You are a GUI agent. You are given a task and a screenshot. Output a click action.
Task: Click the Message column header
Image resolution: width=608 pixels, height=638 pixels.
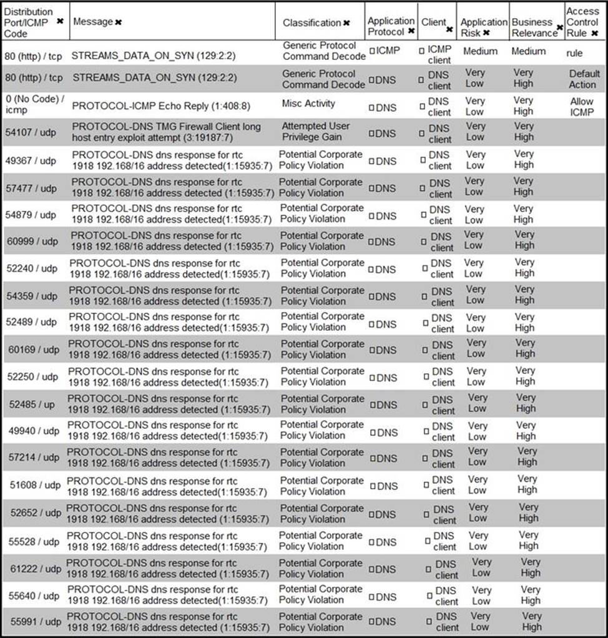[93, 22]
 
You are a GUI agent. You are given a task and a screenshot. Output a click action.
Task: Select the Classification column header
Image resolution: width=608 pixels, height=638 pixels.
[311, 22]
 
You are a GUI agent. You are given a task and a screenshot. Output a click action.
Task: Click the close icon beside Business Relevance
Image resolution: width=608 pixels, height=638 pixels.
[560, 28]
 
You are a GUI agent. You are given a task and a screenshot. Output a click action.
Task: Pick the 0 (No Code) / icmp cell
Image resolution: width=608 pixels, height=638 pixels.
[34, 106]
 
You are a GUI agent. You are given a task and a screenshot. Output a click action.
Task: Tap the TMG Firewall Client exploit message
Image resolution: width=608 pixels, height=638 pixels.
[166, 132]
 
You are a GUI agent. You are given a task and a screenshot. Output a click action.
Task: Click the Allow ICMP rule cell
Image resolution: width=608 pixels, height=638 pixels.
[582, 107]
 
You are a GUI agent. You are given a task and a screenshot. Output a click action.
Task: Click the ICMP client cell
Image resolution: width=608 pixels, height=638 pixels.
[439, 54]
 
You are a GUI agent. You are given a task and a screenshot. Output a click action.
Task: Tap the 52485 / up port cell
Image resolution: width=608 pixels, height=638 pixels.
[32, 404]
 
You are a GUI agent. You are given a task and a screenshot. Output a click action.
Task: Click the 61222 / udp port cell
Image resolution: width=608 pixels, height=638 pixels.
[36, 569]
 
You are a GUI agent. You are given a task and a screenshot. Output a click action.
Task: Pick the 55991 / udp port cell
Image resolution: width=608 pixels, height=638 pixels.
[36, 622]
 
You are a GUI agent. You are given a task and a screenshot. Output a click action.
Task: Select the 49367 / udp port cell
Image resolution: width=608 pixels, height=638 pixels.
[32, 160]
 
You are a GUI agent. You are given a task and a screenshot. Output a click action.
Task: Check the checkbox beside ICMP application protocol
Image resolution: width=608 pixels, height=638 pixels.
[372, 51]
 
